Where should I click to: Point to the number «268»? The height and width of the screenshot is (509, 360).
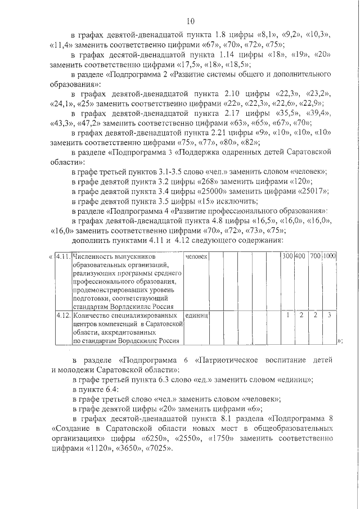coord(199,181)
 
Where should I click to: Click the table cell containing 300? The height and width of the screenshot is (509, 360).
coord(287,256)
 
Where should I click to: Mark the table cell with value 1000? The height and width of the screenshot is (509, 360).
coord(329,256)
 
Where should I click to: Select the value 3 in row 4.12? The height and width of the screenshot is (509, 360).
coord(329,316)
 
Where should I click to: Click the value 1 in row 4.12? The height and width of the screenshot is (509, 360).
coord(287,316)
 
